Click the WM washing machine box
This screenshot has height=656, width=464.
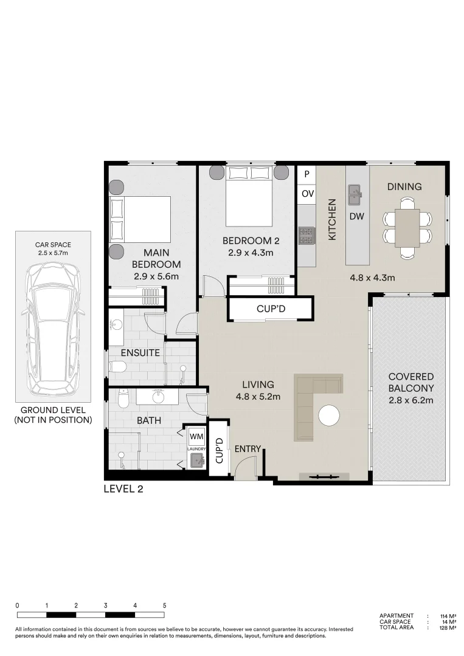click(196, 436)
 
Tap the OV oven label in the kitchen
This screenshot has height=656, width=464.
click(307, 194)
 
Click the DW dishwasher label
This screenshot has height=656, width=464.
click(356, 216)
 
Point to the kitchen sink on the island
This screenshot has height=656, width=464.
click(355, 195)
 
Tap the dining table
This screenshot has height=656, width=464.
click(407, 227)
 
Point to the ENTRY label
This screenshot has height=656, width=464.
click(248, 449)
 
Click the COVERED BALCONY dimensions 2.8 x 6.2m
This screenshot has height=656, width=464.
click(410, 400)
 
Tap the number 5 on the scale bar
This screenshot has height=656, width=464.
click(164, 606)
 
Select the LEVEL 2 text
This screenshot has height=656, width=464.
click(123, 489)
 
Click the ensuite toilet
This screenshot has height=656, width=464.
click(117, 366)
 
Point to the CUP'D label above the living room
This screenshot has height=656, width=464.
click(271, 309)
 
